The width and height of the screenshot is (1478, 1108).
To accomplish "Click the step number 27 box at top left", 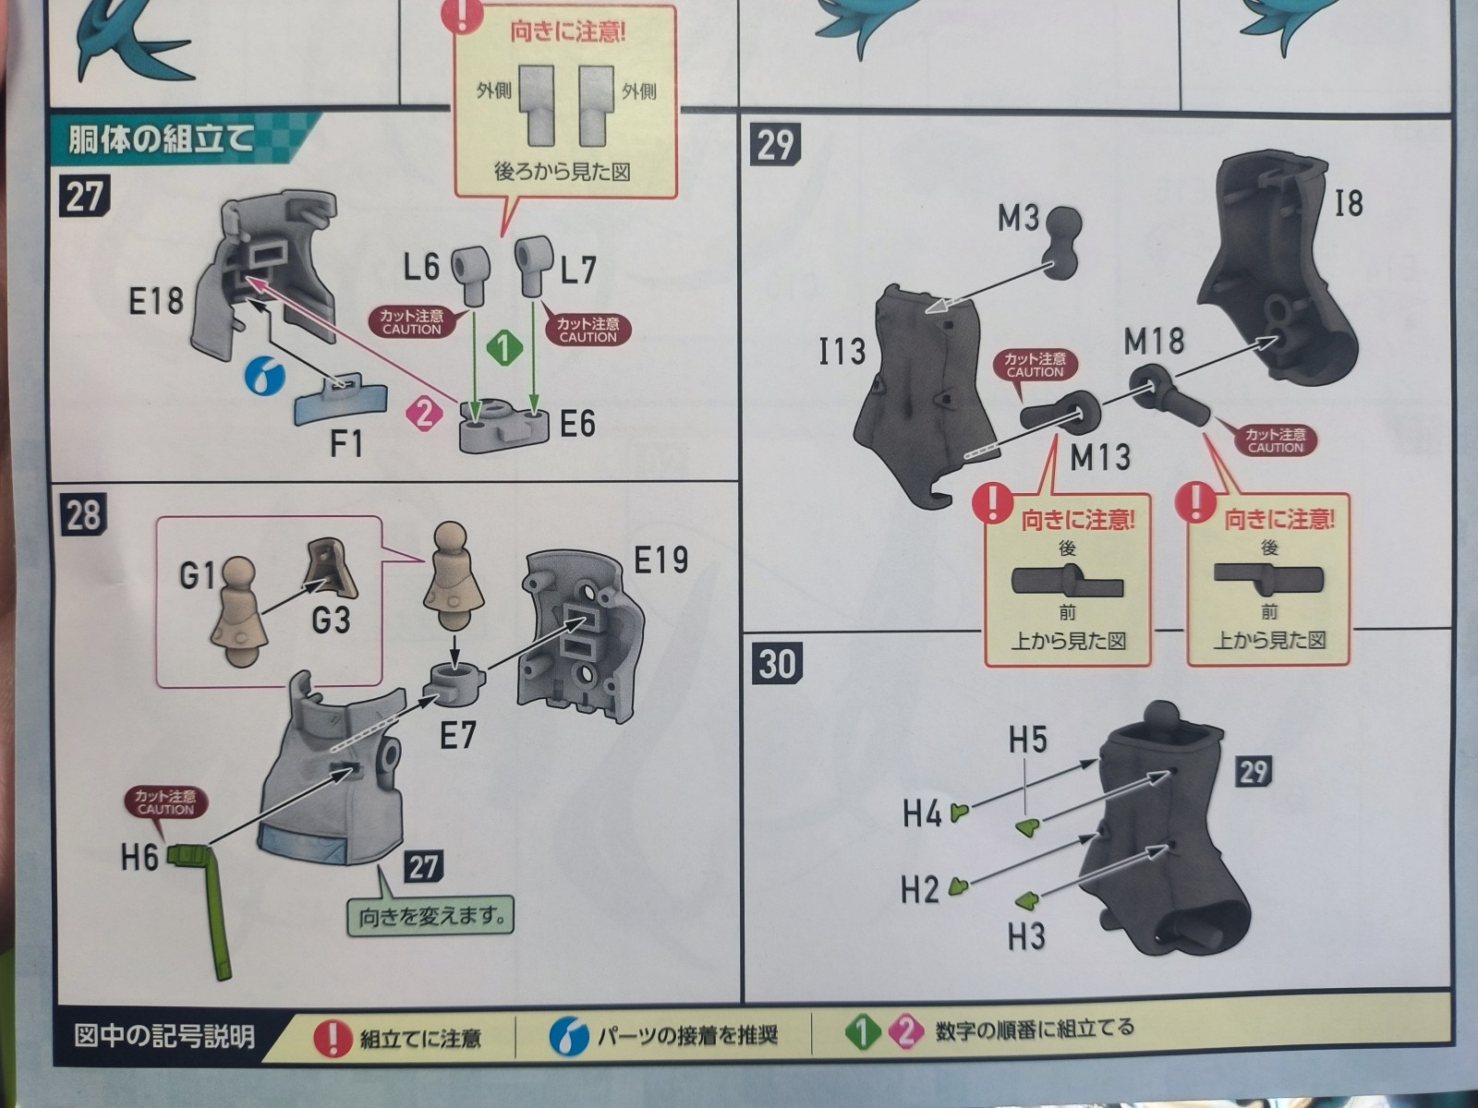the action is (84, 197).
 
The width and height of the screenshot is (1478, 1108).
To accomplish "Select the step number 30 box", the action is (778, 663).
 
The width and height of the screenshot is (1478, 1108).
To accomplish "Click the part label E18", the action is (155, 302).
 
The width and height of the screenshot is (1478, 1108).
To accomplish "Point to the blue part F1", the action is (340, 400).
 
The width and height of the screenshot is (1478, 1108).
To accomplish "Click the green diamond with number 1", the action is (504, 348).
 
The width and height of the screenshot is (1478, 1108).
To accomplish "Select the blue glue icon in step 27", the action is (264, 377).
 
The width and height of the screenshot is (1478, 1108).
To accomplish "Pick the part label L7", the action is (578, 271).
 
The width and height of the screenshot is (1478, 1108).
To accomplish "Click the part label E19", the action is (660, 560).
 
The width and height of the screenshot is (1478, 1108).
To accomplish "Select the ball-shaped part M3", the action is (1061, 243).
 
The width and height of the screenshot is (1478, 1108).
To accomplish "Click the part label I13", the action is (842, 351).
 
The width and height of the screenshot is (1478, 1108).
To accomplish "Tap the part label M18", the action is (1154, 341).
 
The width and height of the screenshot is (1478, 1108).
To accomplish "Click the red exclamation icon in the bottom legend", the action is (333, 1037).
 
